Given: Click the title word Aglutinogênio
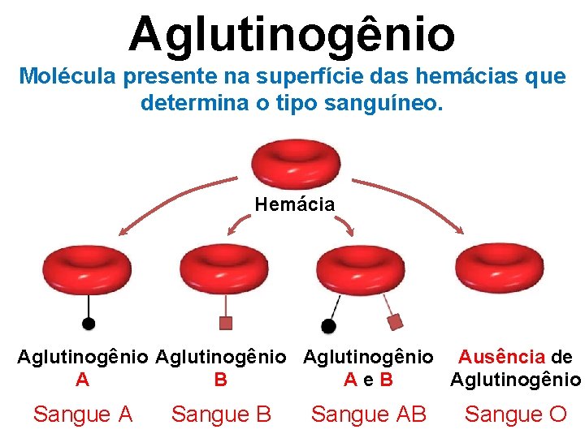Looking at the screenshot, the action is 292,34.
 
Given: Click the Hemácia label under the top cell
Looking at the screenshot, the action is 294,204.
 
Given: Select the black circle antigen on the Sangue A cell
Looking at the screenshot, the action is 89,323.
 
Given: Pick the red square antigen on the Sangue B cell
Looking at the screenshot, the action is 226,323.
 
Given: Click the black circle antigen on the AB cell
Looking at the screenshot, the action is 328,326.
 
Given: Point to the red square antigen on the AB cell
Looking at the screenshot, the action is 396,322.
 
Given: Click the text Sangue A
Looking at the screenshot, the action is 82,414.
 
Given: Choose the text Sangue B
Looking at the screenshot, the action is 221,414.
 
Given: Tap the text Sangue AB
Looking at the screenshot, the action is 368,414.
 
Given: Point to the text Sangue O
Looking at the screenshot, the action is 515,414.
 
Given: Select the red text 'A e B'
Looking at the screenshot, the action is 368,379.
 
